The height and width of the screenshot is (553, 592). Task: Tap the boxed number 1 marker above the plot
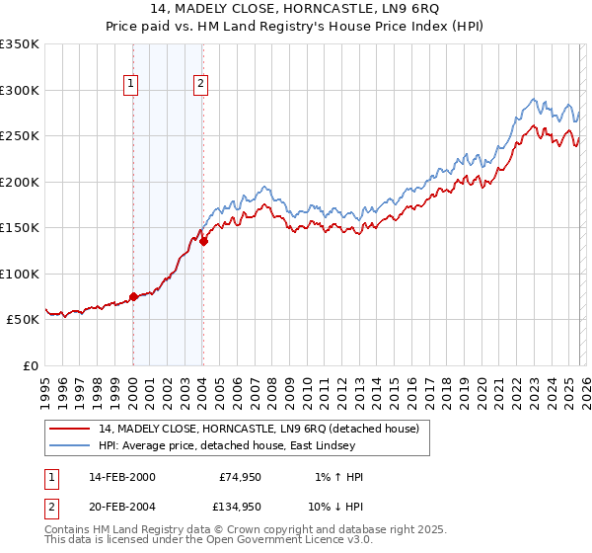131,85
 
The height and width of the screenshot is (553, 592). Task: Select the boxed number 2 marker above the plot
200,85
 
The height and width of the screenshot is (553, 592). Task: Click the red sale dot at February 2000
133,296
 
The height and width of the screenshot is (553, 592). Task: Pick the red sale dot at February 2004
203,241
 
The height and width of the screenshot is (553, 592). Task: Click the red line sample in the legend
69,429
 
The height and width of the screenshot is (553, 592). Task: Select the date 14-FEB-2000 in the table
121,477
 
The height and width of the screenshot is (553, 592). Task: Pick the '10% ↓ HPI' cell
335,511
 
